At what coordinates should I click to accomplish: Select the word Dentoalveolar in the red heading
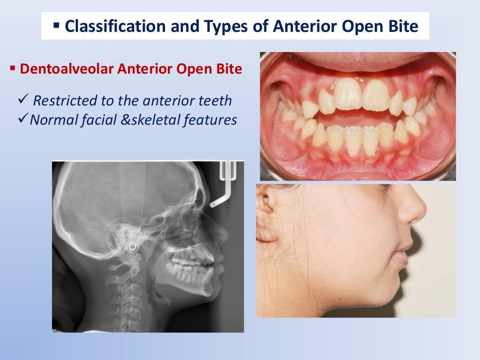point(67,69)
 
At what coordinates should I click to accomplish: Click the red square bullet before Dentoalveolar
point(13,69)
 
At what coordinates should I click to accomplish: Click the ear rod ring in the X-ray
point(133,246)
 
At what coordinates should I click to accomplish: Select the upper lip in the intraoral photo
point(356,61)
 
